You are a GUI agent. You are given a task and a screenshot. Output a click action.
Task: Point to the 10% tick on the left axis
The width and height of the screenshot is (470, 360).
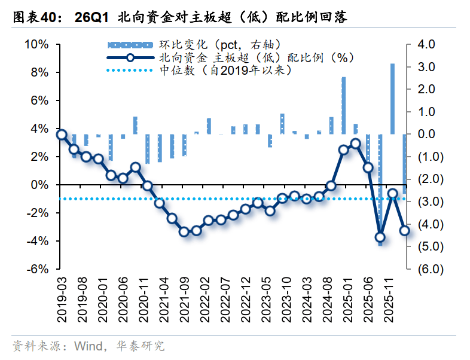pyautogui.click(x=36, y=44)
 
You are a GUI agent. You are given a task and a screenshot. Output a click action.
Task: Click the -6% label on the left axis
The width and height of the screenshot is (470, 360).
pyautogui.click(x=38, y=269)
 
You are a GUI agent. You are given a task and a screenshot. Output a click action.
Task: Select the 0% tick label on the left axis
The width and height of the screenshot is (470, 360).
pyautogui.click(x=39, y=185)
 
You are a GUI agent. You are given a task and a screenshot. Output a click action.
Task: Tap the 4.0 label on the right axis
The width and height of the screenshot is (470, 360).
pyautogui.click(x=426, y=44)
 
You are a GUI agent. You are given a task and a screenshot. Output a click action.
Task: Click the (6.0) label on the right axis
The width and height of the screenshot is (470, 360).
pyautogui.click(x=431, y=269)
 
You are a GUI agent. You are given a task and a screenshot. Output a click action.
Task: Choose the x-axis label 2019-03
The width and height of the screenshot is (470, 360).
pyautogui.click(x=62, y=300)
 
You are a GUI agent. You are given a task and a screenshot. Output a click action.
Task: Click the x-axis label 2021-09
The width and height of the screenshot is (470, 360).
pyautogui.click(x=185, y=300)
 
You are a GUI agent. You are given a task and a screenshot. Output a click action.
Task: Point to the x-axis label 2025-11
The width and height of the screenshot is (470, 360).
pyautogui.click(x=389, y=300)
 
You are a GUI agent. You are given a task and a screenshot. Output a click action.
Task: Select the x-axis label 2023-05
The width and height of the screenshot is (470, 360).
pyautogui.click(x=267, y=300)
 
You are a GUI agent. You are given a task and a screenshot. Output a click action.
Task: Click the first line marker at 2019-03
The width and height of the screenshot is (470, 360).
pyautogui.click(x=62, y=135)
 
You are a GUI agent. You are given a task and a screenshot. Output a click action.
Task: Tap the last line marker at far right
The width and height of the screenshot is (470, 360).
pyautogui.click(x=405, y=230)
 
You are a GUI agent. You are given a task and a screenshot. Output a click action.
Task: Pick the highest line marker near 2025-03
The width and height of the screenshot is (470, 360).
pyautogui.click(x=356, y=144)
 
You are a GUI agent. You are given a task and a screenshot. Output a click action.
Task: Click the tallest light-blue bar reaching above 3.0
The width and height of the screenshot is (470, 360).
pyautogui.click(x=392, y=99)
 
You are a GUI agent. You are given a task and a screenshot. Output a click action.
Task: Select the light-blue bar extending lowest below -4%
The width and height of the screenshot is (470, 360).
pyautogui.click(x=380, y=190)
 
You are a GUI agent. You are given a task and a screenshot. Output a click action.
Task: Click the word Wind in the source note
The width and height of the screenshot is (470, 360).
pyautogui.click(x=88, y=346)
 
